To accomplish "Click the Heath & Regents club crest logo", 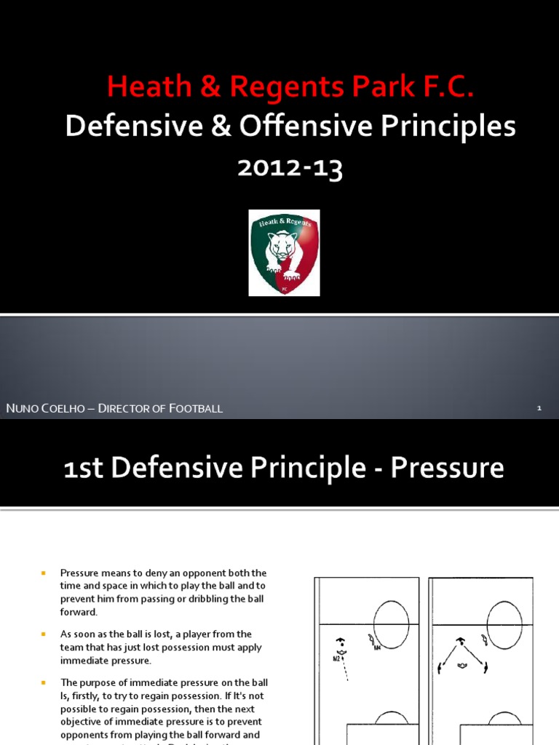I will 284,252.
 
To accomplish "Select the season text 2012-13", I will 290,168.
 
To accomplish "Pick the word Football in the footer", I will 196,408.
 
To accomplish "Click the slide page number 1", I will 539,408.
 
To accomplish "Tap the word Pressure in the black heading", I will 447,468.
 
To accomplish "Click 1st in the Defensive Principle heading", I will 87,468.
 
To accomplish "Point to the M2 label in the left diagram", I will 337,658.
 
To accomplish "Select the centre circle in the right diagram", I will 504,624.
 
